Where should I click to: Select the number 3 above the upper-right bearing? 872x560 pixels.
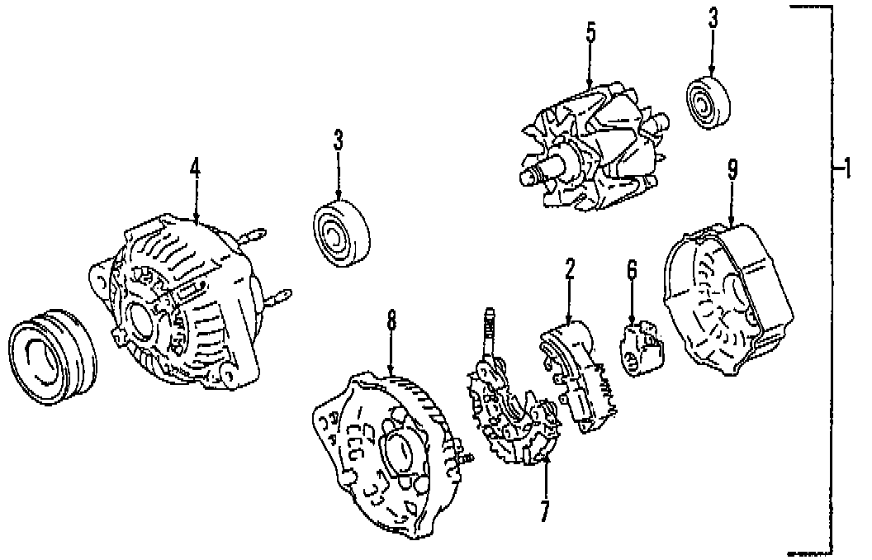pyautogui.click(x=712, y=17)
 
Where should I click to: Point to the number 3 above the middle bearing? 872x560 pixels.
pyautogui.click(x=338, y=140)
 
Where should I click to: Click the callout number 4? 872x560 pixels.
pyautogui.click(x=196, y=167)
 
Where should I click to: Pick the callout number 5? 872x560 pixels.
pyautogui.click(x=590, y=34)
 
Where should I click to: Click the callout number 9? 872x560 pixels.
pyautogui.click(x=732, y=169)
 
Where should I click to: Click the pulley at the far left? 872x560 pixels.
pyautogui.click(x=51, y=351)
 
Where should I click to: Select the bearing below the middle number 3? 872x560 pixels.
pyautogui.click(x=340, y=232)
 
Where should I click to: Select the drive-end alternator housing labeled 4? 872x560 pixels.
pyautogui.click(x=178, y=301)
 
